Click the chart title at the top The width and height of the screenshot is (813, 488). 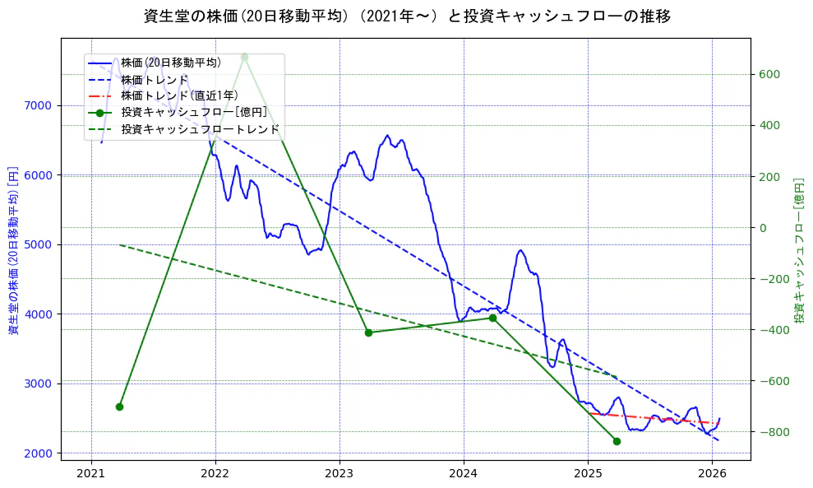(406, 16)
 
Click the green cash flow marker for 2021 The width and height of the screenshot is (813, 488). (119, 407)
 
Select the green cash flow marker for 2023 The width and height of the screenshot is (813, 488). (368, 332)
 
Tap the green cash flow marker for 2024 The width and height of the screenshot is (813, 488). (492, 318)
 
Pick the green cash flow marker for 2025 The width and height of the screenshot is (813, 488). (617, 441)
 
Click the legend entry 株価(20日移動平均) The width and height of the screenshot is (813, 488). (171, 63)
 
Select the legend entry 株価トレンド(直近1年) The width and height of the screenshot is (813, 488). (179, 95)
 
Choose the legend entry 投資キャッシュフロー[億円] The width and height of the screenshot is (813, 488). (194, 112)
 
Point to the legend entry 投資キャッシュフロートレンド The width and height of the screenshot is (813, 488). (200, 129)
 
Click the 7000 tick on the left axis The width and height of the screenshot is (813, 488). (38, 105)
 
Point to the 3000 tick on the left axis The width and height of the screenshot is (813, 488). (38, 383)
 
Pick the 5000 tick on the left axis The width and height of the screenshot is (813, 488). (38, 244)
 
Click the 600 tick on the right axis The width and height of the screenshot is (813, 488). (769, 74)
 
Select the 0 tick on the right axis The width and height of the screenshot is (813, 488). (764, 228)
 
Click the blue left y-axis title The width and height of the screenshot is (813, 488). (13, 250)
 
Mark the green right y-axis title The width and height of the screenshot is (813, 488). (798, 250)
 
